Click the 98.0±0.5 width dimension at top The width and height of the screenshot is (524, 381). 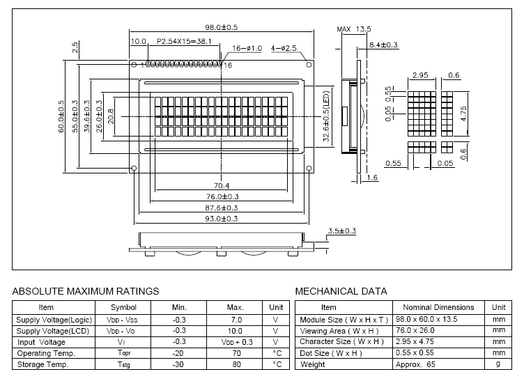point(221,27)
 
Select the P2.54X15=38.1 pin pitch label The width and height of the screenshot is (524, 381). point(184,41)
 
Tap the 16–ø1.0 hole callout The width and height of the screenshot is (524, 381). point(247,48)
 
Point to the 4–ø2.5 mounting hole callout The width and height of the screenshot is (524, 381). point(284,48)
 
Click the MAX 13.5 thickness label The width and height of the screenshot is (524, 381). point(354,29)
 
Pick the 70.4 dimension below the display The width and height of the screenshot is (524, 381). point(221,186)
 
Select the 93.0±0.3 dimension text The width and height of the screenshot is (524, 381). point(221,219)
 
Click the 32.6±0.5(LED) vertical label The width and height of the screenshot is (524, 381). point(326,116)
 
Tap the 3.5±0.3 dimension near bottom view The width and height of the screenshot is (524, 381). point(342,231)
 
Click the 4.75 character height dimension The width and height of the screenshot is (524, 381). point(463,114)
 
